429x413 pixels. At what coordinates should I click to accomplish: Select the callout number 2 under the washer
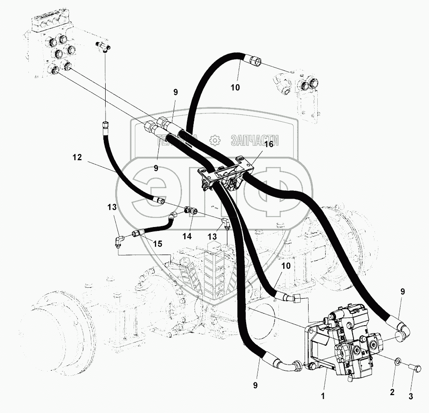pyautogui.click(x=392, y=392)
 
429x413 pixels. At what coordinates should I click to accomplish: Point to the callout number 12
pyautogui.click(x=77, y=158)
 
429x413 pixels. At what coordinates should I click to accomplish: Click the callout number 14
pyautogui.click(x=187, y=236)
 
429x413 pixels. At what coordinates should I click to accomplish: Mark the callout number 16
pyautogui.click(x=268, y=145)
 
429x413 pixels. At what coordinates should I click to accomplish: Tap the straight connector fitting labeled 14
pyautogui.click(x=191, y=211)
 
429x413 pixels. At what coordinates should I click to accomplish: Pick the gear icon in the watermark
pyautogui.click(x=214, y=140)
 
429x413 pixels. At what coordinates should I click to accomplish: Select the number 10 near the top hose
pyautogui.click(x=235, y=87)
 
